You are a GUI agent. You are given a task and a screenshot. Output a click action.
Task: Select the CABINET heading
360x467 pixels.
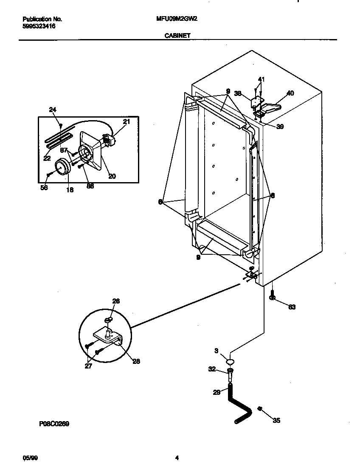click(x=177, y=37)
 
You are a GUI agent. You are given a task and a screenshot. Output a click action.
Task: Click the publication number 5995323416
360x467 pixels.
click(x=39, y=26)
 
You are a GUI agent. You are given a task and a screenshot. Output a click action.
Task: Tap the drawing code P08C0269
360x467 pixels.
click(x=54, y=424)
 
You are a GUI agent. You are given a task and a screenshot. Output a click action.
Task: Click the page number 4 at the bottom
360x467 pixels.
click(x=177, y=458)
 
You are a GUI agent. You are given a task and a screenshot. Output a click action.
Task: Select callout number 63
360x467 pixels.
click(x=292, y=307)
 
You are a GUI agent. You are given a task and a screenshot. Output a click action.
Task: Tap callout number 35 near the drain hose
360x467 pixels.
click(x=276, y=421)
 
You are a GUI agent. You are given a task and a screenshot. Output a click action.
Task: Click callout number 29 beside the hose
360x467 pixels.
click(x=217, y=393)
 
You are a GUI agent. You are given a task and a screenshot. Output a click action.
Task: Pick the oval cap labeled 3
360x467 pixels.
click(x=230, y=362)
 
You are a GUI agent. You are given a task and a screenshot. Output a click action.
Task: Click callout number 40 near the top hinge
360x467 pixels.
click(x=290, y=93)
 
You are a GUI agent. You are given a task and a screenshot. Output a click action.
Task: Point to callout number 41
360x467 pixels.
click(x=261, y=79)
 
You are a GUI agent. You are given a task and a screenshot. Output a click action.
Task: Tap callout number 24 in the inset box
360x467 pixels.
click(x=53, y=110)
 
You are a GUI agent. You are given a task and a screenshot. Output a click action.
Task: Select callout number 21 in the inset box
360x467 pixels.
click(x=126, y=122)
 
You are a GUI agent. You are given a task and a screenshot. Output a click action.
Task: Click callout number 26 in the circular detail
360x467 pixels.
click(x=116, y=301)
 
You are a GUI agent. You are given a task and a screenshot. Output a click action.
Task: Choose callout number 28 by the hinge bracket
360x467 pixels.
click(x=136, y=361)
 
